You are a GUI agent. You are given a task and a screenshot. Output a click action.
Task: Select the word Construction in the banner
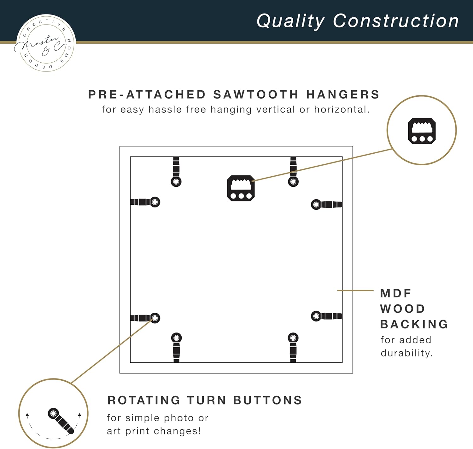click(x=396, y=21)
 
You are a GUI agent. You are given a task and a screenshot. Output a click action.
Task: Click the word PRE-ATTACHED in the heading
click(x=147, y=94)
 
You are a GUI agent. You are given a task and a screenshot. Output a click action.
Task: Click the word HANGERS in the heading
click(x=343, y=94)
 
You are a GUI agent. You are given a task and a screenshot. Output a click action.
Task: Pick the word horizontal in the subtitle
click(x=342, y=110)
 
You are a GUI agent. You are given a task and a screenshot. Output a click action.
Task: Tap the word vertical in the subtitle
click(x=276, y=110)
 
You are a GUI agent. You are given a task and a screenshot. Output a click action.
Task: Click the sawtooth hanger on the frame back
click(x=241, y=188)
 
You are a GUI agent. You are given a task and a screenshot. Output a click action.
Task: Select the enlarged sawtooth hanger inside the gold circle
click(x=422, y=131)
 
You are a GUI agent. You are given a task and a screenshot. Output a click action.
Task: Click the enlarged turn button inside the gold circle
click(x=61, y=421)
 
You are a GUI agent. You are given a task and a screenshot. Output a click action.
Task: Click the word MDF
click(x=396, y=293)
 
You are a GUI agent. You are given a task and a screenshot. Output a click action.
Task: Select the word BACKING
click(x=414, y=324)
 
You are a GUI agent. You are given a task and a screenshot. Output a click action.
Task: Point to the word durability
click(x=406, y=353)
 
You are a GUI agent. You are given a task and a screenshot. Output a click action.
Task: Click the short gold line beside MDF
click(x=355, y=290)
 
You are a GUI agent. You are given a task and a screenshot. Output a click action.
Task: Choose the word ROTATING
click(x=144, y=401)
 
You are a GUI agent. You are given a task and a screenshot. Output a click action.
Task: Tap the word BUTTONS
click(x=267, y=401)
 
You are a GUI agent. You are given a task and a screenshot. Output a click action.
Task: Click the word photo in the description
click(x=178, y=418)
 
